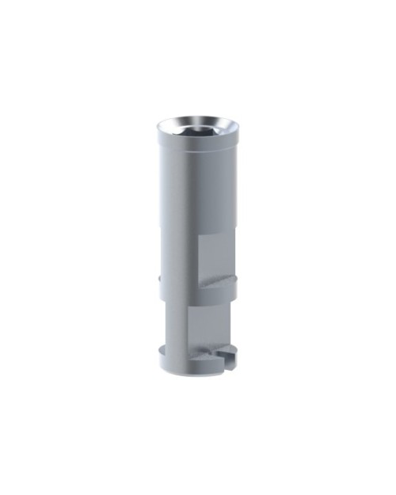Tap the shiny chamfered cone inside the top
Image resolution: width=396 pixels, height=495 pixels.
click(177, 127)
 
